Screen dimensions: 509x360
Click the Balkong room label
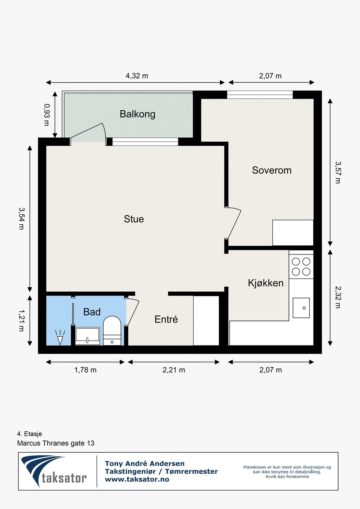click(138, 114)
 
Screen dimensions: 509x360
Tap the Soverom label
click(272, 170)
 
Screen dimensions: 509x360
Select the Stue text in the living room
click(134, 219)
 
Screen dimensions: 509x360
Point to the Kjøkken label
click(265, 283)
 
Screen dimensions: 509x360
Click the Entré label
click(166, 319)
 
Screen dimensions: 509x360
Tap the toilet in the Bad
click(112, 331)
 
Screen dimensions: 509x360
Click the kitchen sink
click(301, 308)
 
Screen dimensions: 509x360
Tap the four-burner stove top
click(301, 267)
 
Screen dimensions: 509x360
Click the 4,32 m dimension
click(137, 76)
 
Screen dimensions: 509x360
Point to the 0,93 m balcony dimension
click(46, 115)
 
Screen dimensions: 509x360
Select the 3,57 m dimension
click(337, 172)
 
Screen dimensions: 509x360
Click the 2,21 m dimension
click(174, 370)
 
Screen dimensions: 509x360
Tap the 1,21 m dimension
click(21, 320)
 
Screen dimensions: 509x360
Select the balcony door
click(88, 131)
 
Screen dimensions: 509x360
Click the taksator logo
click(54, 471)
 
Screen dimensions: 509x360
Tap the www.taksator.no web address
click(137, 479)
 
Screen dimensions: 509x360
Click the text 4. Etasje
click(29, 434)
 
